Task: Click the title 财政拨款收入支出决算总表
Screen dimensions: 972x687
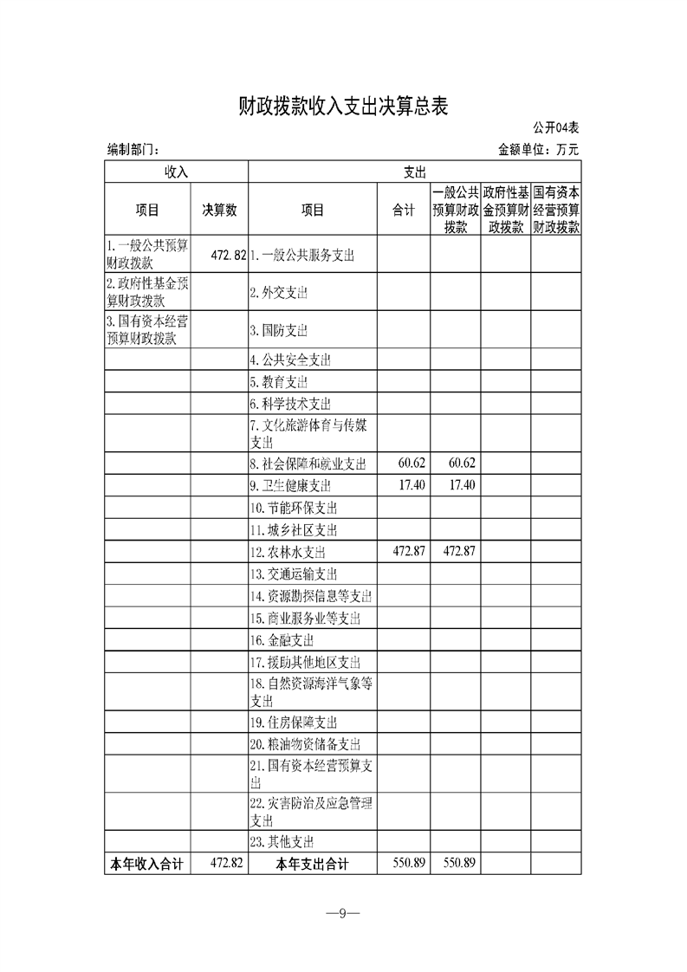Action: click(x=343, y=107)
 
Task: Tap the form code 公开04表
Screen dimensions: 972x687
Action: click(x=555, y=128)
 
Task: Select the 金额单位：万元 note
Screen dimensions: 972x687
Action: click(x=538, y=149)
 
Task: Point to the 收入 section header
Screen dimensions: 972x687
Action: click(x=176, y=172)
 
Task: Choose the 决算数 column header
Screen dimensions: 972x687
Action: click(x=220, y=210)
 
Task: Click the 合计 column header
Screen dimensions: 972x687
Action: click(x=404, y=210)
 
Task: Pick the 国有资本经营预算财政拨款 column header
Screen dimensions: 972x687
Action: click(x=556, y=210)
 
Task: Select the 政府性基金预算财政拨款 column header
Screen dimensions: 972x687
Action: click(x=506, y=210)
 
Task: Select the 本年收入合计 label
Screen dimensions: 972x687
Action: click(x=146, y=864)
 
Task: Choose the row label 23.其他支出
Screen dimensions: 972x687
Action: click(x=282, y=841)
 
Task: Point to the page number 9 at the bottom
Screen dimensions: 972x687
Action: click(x=343, y=913)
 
